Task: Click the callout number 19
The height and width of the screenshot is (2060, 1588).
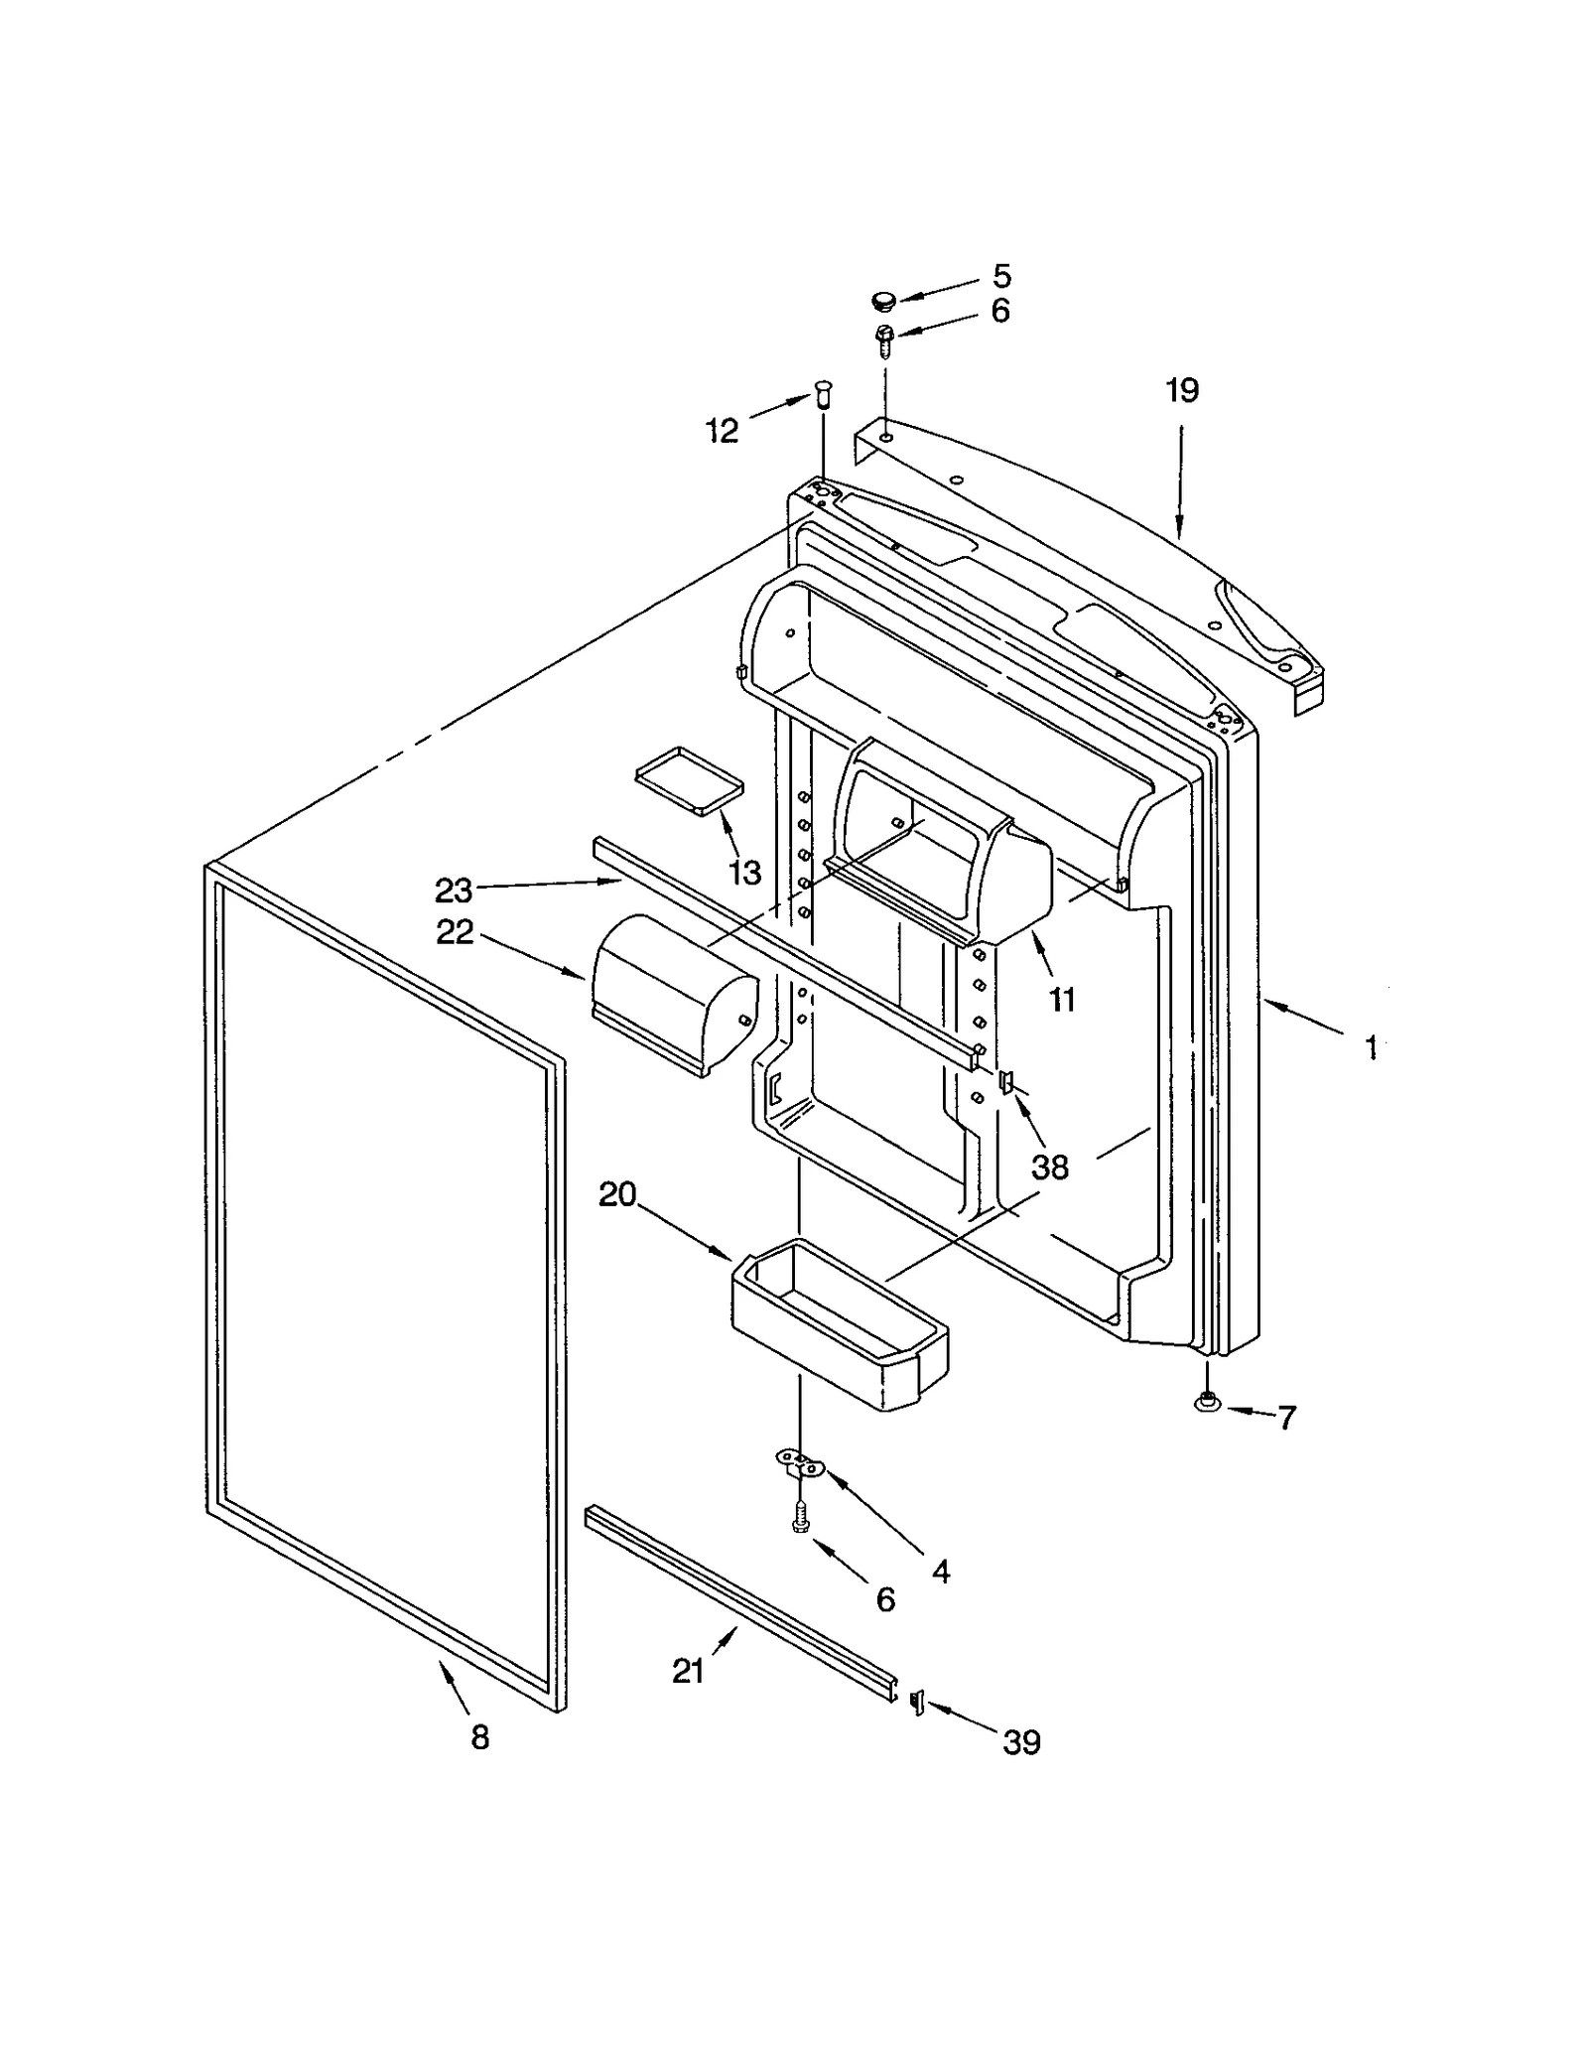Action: pos(1181,390)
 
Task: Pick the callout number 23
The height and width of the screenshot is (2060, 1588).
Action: pos(454,891)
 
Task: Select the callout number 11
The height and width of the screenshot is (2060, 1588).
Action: pos(1062,1000)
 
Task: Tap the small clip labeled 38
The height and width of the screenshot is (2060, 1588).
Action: pos(1006,1081)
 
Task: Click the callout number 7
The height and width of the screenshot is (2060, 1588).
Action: pos(1286,1418)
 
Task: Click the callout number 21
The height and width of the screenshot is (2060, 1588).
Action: pos(688,1672)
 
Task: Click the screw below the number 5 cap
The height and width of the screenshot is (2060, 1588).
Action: pos(884,340)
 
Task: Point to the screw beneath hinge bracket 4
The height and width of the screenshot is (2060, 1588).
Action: pos(799,1517)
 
